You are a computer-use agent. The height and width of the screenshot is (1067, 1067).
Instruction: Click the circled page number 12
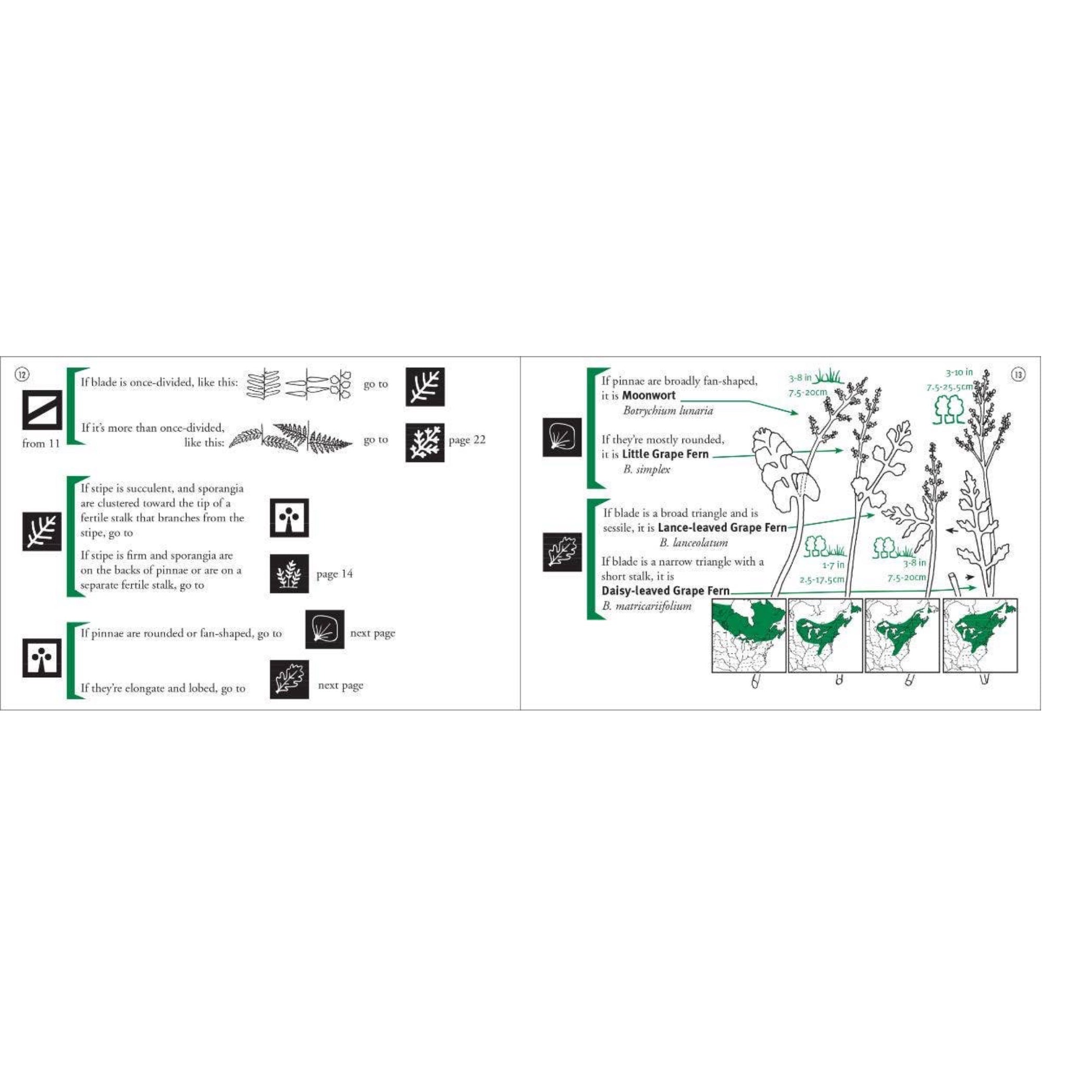[x=22, y=375]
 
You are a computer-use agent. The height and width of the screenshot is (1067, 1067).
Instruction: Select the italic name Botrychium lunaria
[x=668, y=411]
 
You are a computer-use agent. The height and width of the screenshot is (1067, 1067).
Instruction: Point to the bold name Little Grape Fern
[x=665, y=454]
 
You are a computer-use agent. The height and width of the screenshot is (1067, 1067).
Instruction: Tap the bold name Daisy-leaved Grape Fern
[x=665, y=590]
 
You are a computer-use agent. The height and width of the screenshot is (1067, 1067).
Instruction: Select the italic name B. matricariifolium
[x=647, y=606]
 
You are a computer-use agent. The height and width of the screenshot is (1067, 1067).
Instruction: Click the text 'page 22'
[x=467, y=440]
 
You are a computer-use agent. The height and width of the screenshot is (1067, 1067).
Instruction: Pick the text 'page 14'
[x=334, y=574]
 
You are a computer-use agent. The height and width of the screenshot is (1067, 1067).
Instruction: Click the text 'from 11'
[x=41, y=443]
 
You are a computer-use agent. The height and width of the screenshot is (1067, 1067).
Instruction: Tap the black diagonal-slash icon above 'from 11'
[x=42, y=410]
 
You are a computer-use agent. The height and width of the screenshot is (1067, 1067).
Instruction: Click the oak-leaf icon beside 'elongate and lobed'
[x=289, y=679]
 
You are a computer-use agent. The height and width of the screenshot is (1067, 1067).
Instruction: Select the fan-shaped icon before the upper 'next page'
[x=325, y=629]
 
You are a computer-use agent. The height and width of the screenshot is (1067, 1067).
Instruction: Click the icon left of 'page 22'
[x=425, y=442]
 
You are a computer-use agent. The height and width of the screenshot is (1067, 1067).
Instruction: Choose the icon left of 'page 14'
[x=289, y=574]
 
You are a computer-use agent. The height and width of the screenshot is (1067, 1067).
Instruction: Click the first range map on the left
[x=749, y=636]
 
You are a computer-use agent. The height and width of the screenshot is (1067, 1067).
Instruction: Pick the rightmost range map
[x=981, y=636]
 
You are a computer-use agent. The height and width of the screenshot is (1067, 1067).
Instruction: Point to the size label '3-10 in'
[x=959, y=373]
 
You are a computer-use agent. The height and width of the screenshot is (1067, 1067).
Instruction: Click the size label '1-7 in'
[x=833, y=565]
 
